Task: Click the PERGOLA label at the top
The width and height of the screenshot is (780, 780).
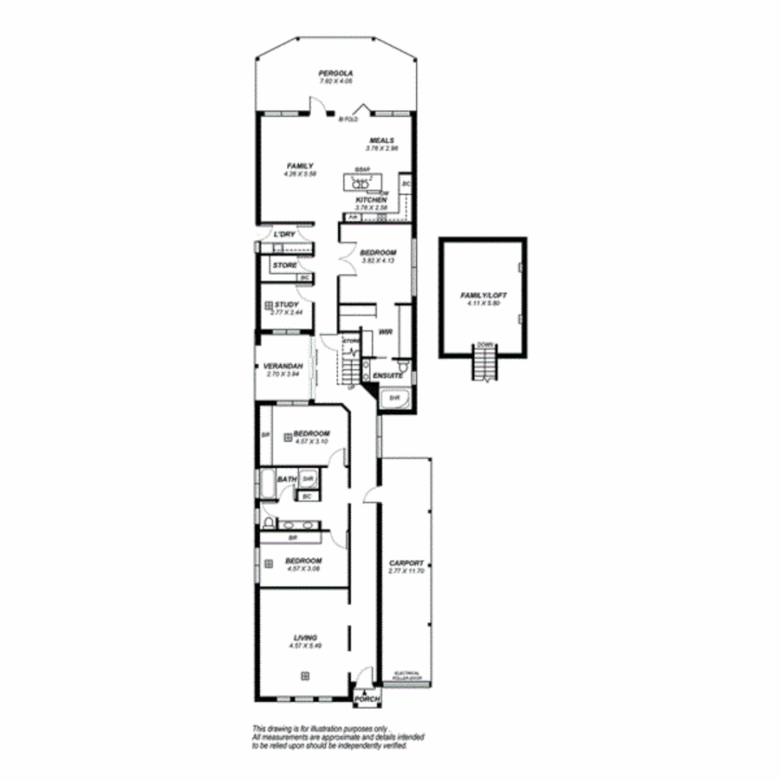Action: coord(335,74)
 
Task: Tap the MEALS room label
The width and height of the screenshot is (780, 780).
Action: coord(381,140)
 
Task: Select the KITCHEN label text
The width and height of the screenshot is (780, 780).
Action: coord(371,200)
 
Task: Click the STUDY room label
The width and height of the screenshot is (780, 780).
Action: coord(286,305)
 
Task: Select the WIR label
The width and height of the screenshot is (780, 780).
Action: coord(385,332)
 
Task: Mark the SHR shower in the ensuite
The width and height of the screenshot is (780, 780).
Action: coord(394,398)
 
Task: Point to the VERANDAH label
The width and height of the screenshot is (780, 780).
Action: coord(282,366)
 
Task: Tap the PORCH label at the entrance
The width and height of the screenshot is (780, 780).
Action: coord(366,699)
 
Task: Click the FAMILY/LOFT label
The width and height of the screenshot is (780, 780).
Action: coord(483,296)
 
